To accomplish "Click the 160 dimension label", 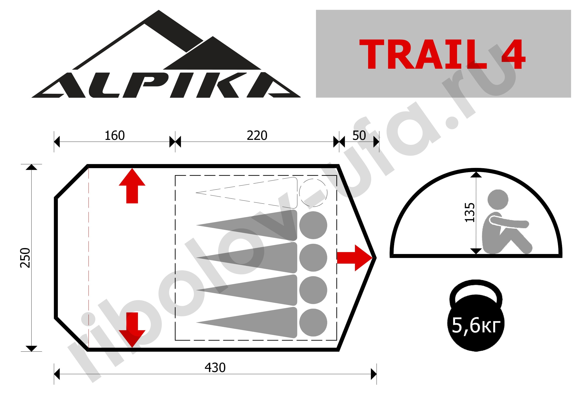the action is (x=115, y=136).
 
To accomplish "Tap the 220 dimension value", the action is (x=257, y=136).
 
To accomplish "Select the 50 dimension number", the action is (x=359, y=136).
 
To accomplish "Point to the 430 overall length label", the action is (x=215, y=368).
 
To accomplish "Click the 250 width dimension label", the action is (x=25, y=258).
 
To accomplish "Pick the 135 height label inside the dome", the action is (x=470, y=212).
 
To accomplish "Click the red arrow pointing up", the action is (x=132, y=186).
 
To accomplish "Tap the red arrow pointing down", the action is (x=132, y=330).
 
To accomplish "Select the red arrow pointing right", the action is (x=355, y=258).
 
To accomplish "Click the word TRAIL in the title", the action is (x=423, y=54).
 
